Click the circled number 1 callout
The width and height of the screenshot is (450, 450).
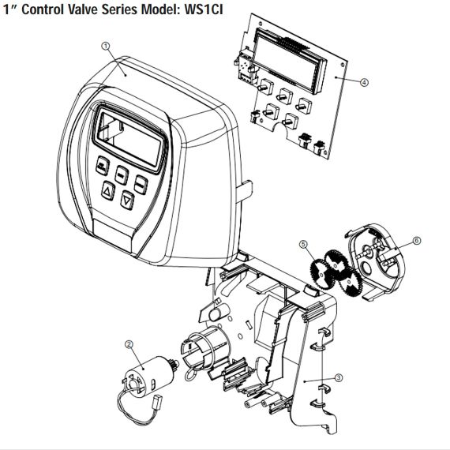point(106,47)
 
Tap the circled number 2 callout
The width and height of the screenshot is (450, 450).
point(129,344)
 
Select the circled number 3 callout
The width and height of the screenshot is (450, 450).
point(339,377)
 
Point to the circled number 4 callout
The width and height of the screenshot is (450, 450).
point(364,82)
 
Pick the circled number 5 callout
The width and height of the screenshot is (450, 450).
point(303,244)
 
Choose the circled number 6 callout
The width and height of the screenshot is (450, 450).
point(416,240)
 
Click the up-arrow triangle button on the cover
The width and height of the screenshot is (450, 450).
point(108,191)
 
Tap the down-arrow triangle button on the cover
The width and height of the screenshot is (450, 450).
point(127,201)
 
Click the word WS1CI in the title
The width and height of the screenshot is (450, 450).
point(203,9)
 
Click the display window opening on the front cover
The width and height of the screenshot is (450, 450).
point(129,139)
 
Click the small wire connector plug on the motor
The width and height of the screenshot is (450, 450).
point(157,399)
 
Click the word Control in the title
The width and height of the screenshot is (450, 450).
point(41,9)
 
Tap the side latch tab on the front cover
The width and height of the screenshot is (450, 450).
point(244,191)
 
